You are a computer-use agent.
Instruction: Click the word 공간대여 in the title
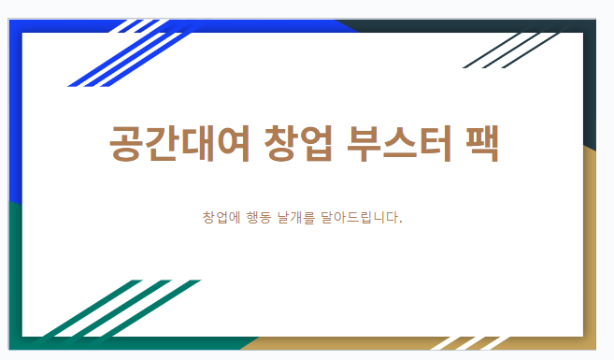pyautogui.click(x=179, y=143)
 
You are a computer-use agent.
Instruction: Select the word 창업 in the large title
pyautogui.click(x=298, y=143)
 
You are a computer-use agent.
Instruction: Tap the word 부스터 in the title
pyautogui.click(x=399, y=143)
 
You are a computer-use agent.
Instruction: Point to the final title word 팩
pyautogui.click(x=482, y=143)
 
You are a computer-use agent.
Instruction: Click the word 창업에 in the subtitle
pyautogui.click(x=221, y=217)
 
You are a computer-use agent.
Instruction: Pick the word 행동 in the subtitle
pyautogui.click(x=259, y=217)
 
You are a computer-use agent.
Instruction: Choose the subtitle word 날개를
pyautogui.click(x=296, y=217)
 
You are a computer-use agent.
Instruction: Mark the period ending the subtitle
pyautogui.click(x=400, y=223)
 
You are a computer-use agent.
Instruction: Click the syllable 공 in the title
pyautogui.click(x=126, y=143)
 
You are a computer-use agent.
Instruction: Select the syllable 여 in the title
pyautogui.click(x=233, y=143)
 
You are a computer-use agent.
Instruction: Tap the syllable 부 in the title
pyautogui.click(x=364, y=143)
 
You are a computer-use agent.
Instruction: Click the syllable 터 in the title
pyautogui.click(x=436, y=143)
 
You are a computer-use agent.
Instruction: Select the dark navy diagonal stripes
pyautogui.click(x=511, y=50)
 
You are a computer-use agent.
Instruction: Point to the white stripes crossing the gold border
pyautogui.click(x=470, y=343)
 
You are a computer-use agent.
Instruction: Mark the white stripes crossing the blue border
pyautogui.click(x=139, y=26)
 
